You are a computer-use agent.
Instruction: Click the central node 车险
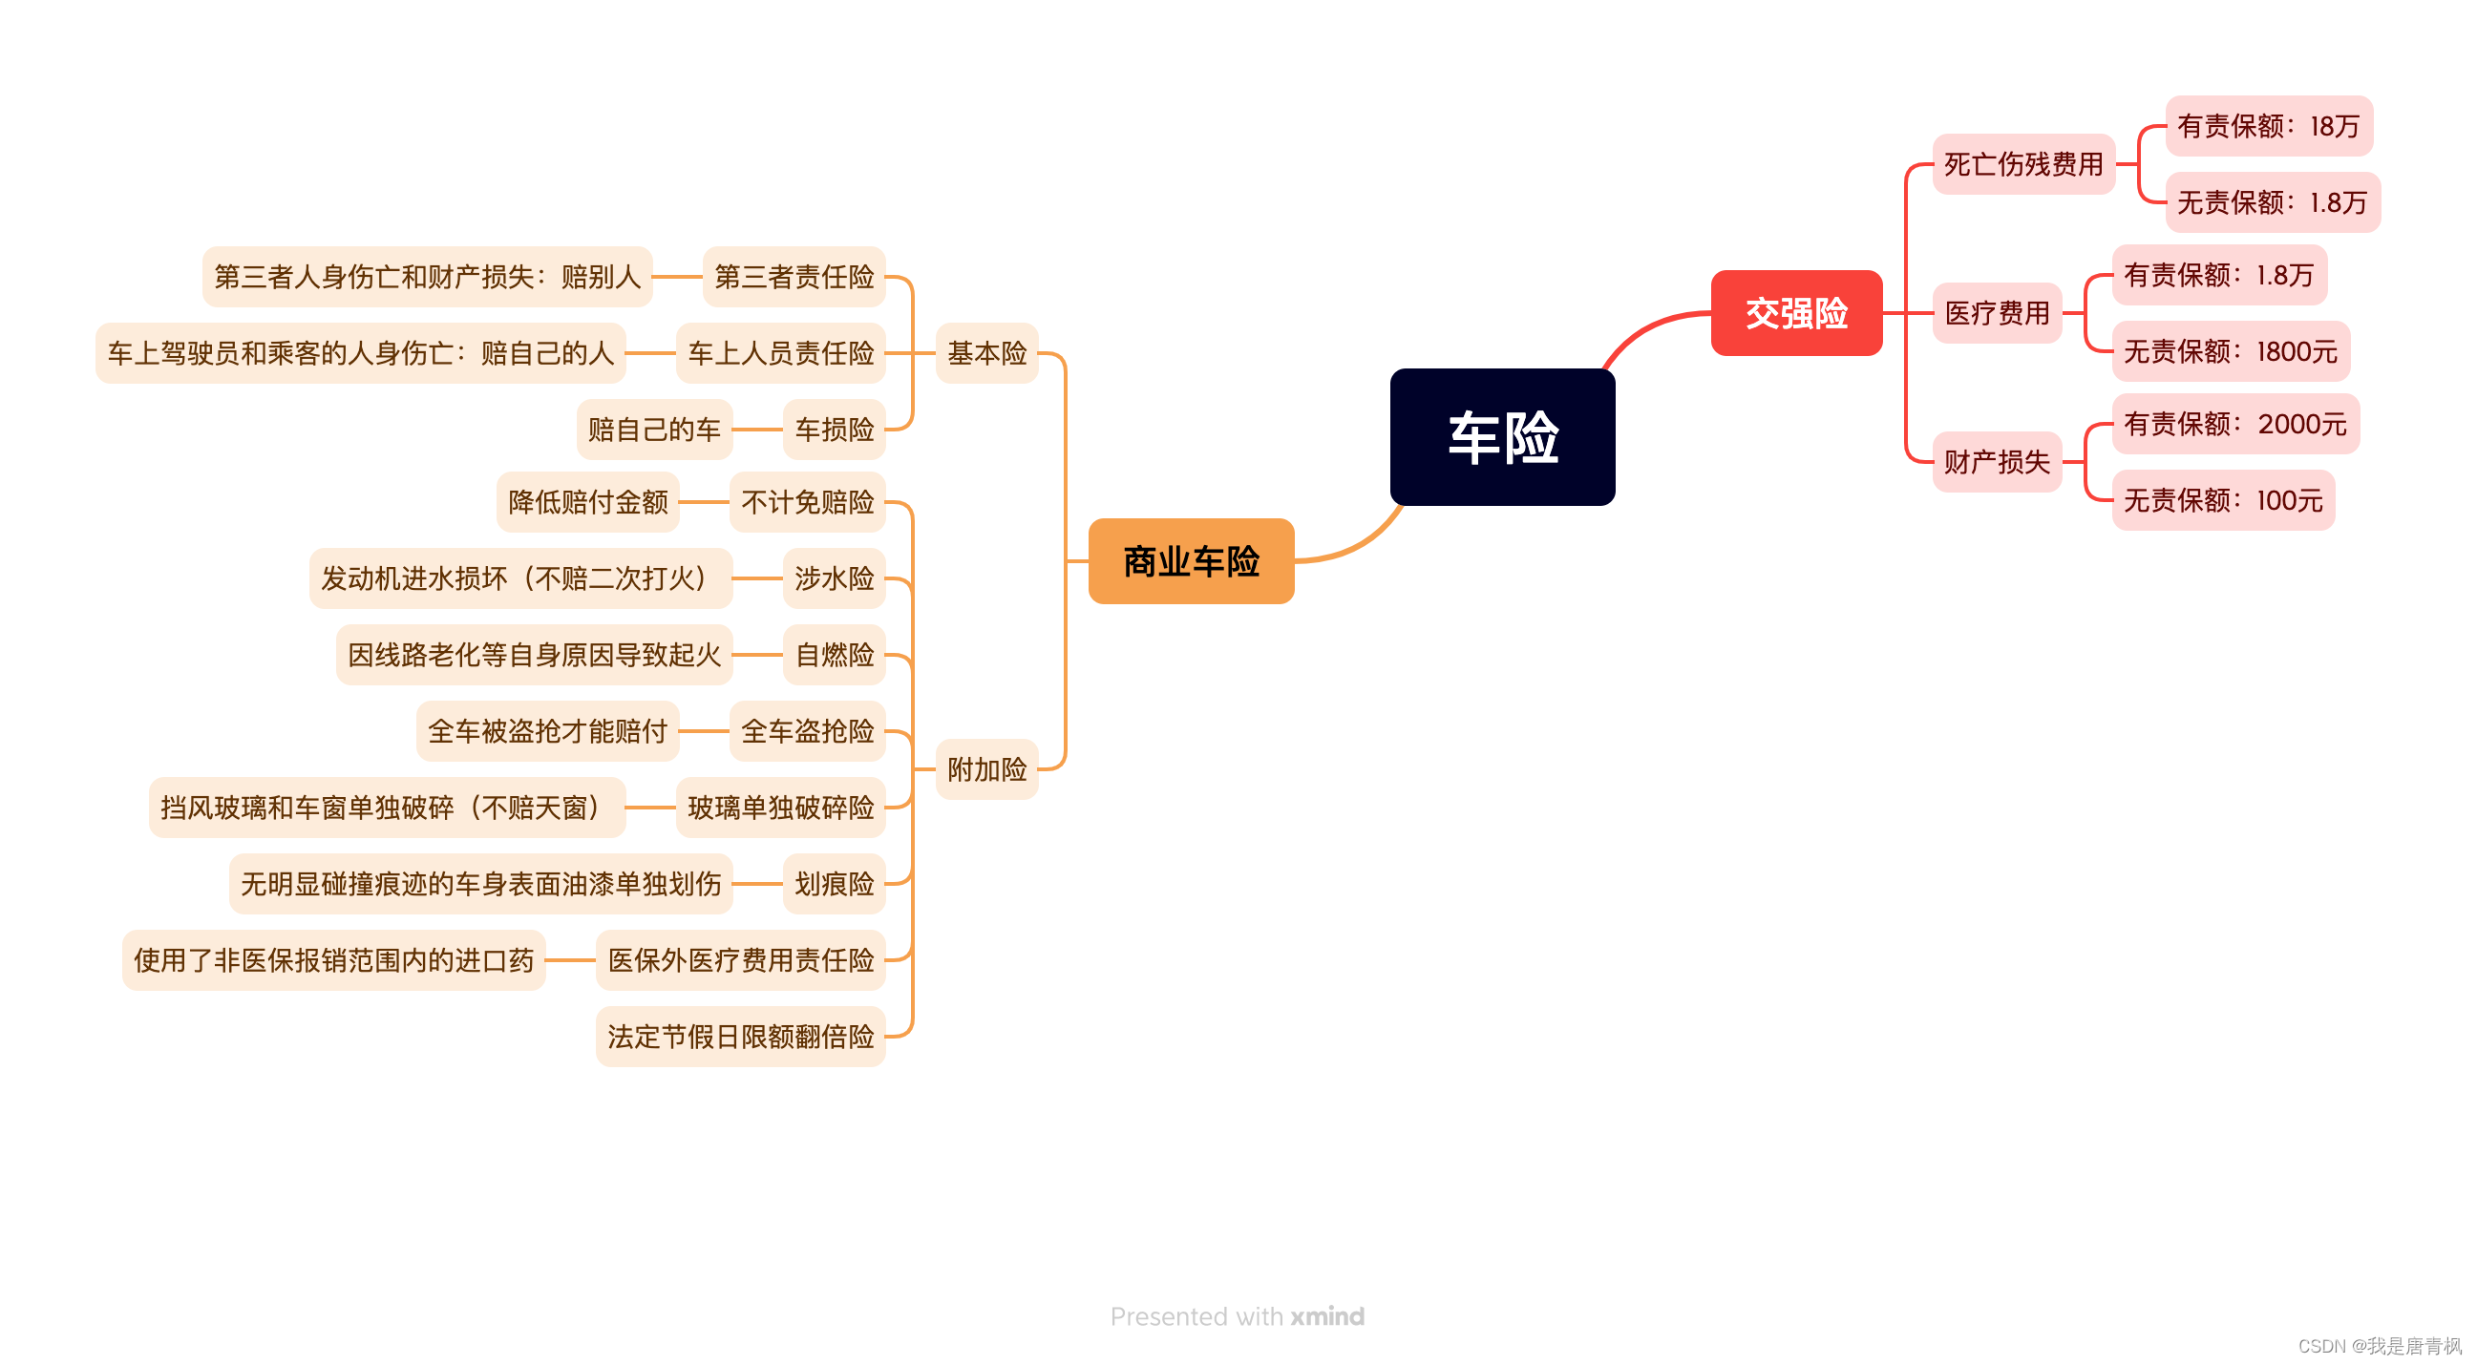pos(1502,437)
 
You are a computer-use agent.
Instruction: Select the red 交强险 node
pos(1795,313)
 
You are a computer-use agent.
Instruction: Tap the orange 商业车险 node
pos(1191,561)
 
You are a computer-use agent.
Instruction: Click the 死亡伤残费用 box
pos(2023,164)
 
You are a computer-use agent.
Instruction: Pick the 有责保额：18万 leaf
pos(2267,126)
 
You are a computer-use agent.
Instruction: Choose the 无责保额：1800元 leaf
pos(2230,352)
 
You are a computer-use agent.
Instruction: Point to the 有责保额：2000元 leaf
pos(2234,424)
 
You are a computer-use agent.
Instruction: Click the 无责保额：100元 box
pos(2222,501)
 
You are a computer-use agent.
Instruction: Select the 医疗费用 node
pos(1997,313)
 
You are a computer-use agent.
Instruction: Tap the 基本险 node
pos(986,354)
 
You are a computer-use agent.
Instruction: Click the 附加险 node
pos(986,770)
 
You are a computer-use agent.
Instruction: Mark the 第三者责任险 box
pos(794,277)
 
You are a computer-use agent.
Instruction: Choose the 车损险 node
pos(834,430)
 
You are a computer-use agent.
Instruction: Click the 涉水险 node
pos(834,578)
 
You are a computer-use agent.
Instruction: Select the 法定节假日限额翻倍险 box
pos(740,1038)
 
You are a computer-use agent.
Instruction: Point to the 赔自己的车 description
pos(654,430)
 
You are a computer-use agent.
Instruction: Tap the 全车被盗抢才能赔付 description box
pos(547,731)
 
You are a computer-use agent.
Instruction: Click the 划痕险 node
pos(834,884)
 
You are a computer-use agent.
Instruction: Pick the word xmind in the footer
pos(1327,1317)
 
